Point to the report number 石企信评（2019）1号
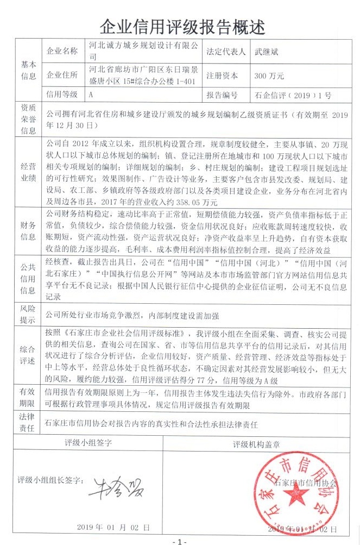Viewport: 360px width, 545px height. point(293,95)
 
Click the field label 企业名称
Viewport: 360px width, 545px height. point(63,52)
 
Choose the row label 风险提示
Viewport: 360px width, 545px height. point(28,313)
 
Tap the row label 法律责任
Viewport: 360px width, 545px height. point(28,422)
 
